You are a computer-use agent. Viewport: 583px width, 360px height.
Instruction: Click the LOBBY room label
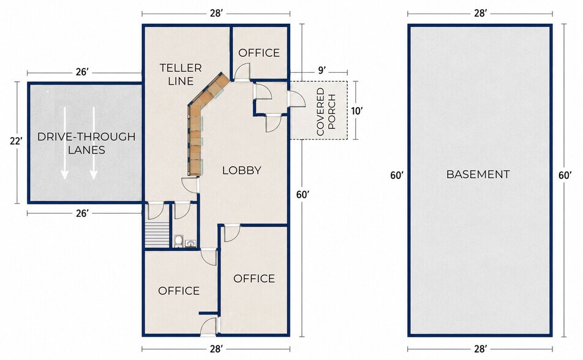[x=242, y=170]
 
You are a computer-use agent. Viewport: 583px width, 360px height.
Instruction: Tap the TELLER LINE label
[x=181, y=74]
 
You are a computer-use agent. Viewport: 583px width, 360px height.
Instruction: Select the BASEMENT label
[x=478, y=174]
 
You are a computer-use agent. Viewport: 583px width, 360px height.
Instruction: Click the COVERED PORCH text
[x=326, y=111]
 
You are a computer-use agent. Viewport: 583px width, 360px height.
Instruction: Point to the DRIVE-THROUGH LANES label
[x=86, y=143]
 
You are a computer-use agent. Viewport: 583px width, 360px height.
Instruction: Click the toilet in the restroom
[x=178, y=241]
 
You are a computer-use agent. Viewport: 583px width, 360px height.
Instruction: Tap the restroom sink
[x=190, y=244]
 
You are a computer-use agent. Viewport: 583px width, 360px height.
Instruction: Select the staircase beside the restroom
[x=157, y=234]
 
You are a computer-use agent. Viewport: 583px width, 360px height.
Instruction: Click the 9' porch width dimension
[x=322, y=70]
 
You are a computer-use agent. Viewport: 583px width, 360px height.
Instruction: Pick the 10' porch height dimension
[x=356, y=111]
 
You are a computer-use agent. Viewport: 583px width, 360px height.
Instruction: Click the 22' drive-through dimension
[x=16, y=141]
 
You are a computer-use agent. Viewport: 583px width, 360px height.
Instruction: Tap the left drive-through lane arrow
[x=65, y=143]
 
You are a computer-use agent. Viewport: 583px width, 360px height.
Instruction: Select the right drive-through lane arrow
[x=94, y=143]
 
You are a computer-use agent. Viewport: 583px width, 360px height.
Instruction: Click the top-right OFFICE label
[x=259, y=53]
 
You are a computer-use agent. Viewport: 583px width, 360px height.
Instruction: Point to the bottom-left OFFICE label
[x=178, y=290]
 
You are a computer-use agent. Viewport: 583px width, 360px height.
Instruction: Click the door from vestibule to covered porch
[x=297, y=99]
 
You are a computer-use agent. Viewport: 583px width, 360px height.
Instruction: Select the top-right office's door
[x=242, y=72]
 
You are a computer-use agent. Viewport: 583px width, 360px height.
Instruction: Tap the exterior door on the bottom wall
[x=209, y=326]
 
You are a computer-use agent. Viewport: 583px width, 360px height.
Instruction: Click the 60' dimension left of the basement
[x=397, y=175]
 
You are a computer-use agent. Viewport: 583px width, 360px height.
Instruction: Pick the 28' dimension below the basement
[x=480, y=349]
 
